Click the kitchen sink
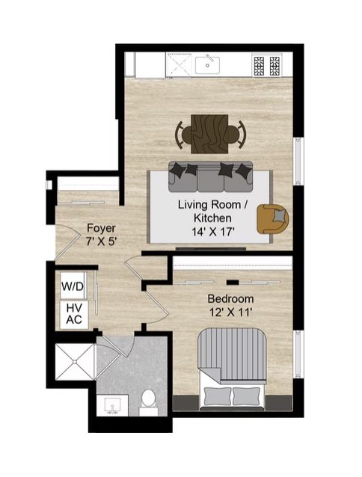pos(207,65)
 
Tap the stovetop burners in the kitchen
pos(267,65)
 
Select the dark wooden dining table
pos(209,134)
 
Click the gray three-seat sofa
pos(210,176)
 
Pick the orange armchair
pos(272,219)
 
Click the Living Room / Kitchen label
pos(212,211)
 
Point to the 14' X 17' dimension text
pos(212,232)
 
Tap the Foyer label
pos(101,228)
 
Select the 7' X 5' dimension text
pos(101,241)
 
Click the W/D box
pos(73,286)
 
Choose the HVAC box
pos(74,314)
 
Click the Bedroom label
pos(230,299)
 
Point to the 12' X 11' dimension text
pos(231,313)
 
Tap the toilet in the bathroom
pos(149,401)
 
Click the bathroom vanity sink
pos(112,405)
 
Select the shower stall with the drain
pos(75,362)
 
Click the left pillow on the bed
pos(217,396)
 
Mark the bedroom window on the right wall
pos(298,354)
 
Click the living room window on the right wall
pos(298,161)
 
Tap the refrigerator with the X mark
pos(179,65)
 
